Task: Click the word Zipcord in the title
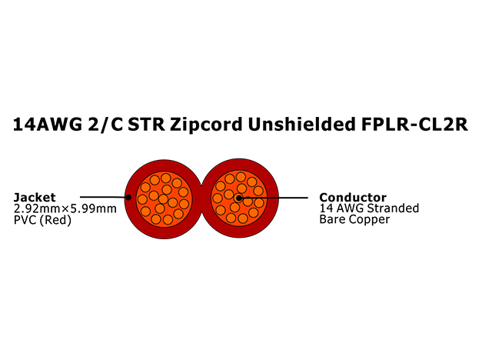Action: (x=206, y=125)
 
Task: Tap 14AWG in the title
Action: (x=48, y=125)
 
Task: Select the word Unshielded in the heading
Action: (x=301, y=124)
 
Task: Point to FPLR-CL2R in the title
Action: (x=414, y=124)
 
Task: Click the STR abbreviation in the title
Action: (x=146, y=125)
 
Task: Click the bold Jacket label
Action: (x=35, y=198)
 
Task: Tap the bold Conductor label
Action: (x=353, y=197)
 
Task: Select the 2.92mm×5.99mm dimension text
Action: (x=65, y=208)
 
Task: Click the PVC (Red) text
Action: (x=42, y=220)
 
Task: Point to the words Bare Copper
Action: (x=354, y=220)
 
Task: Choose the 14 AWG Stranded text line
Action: (x=369, y=208)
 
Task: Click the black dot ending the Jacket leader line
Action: (x=128, y=197)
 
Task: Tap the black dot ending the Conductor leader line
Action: (x=239, y=198)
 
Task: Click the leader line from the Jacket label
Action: (x=105, y=197)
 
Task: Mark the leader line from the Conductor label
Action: (x=273, y=198)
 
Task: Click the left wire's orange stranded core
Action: (x=164, y=199)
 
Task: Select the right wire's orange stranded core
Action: (x=239, y=198)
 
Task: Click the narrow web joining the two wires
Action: (x=201, y=198)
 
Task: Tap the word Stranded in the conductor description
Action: (x=394, y=208)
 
